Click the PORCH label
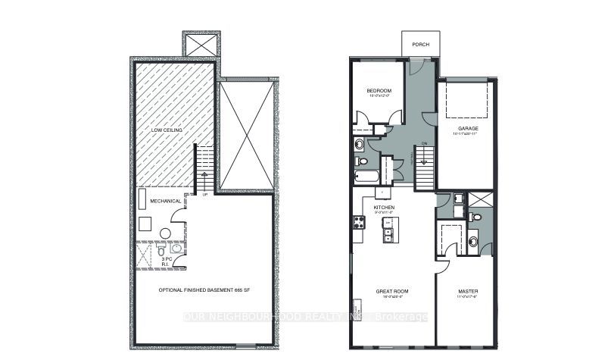coord(421,45)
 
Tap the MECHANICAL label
coord(164,201)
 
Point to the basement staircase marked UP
coord(203,171)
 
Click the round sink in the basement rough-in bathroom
coord(176,249)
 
